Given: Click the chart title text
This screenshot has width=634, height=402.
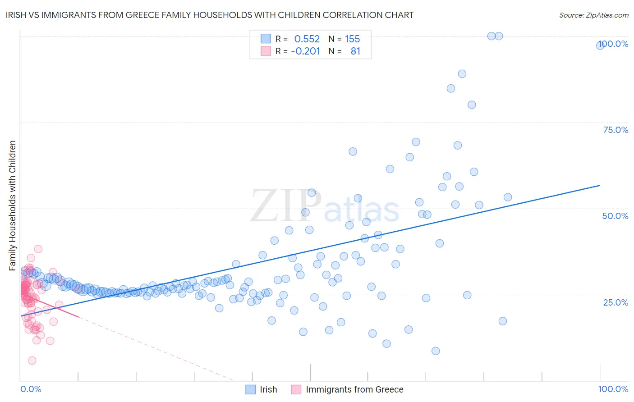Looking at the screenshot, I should [209, 15].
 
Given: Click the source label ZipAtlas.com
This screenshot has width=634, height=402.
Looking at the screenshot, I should [593, 15].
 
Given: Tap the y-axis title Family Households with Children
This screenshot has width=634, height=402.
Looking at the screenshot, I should [13, 206].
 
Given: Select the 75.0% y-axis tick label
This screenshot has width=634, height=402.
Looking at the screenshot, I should [616, 130].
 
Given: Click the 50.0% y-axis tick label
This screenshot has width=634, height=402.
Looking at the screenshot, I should [615, 216].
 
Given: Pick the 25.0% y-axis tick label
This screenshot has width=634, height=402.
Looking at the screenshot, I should [616, 302].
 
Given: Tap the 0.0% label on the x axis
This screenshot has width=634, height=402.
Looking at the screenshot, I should [31, 389].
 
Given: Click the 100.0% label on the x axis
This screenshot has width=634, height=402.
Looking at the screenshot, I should [613, 389].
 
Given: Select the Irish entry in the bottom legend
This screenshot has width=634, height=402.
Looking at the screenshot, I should [268, 389].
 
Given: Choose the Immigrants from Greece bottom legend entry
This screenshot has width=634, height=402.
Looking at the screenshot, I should [354, 389].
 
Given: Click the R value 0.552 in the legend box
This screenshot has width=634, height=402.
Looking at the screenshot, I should [307, 39].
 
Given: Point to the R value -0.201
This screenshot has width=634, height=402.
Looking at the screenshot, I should [305, 51].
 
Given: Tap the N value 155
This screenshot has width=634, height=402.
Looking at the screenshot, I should [352, 39].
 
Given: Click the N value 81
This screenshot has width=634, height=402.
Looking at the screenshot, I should [355, 51].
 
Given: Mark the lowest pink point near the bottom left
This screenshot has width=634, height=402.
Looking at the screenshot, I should [32, 361].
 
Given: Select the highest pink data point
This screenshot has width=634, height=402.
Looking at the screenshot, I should [38, 249].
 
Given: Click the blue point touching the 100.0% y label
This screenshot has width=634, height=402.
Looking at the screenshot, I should [600, 45].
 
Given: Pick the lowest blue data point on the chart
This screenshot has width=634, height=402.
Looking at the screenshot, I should [436, 351].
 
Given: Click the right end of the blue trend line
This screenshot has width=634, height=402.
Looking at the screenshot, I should [600, 185].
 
